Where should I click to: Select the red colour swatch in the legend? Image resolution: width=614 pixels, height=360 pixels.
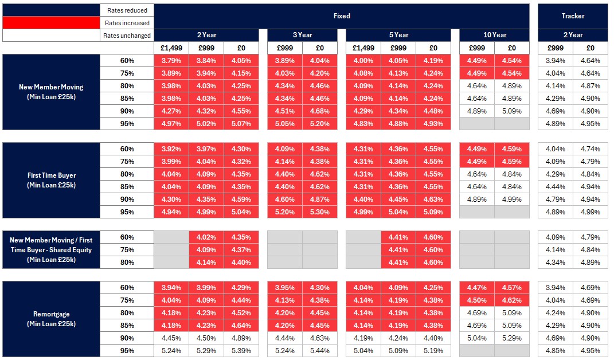pyautogui.click(x=51, y=23)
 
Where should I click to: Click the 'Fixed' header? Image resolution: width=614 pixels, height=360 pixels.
pyautogui.click(x=342, y=16)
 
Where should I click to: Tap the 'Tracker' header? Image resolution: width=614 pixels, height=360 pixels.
pyautogui.click(x=573, y=16)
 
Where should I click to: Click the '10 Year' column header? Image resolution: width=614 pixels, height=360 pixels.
pyautogui.click(x=494, y=35)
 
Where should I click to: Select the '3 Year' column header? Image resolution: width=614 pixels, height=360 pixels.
pyautogui.click(x=302, y=35)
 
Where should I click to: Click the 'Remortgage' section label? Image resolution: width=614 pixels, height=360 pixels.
pyautogui.click(x=51, y=319)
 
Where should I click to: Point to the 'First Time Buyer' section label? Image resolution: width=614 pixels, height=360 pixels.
pyautogui.click(x=51, y=179)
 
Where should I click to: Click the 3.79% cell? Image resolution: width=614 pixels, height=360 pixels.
pyautogui.click(x=171, y=61)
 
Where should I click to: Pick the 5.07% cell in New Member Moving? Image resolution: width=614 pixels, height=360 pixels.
pyautogui.click(x=241, y=124)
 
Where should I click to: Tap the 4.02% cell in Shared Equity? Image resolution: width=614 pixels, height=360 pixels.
pyautogui.click(x=206, y=237)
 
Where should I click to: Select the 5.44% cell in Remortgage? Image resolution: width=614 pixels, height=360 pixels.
pyautogui.click(x=319, y=351)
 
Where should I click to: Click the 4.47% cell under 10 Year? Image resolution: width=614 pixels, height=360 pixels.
pyautogui.click(x=476, y=288)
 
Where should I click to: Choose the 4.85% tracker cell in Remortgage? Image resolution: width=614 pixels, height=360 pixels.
pyautogui.click(x=555, y=351)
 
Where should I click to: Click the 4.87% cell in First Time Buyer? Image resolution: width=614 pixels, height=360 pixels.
pyautogui.click(x=319, y=199)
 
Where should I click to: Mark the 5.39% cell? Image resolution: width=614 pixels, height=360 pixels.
pyautogui.click(x=241, y=351)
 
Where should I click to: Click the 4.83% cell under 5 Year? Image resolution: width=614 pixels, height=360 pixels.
pyautogui.click(x=363, y=124)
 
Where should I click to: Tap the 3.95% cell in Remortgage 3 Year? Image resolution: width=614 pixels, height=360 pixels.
pyautogui.click(x=284, y=288)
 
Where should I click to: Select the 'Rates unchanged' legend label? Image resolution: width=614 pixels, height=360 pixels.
pyautogui.click(x=127, y=36)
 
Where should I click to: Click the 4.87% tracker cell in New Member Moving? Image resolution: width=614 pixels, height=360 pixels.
pyautogui.click(x=590, y=86)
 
